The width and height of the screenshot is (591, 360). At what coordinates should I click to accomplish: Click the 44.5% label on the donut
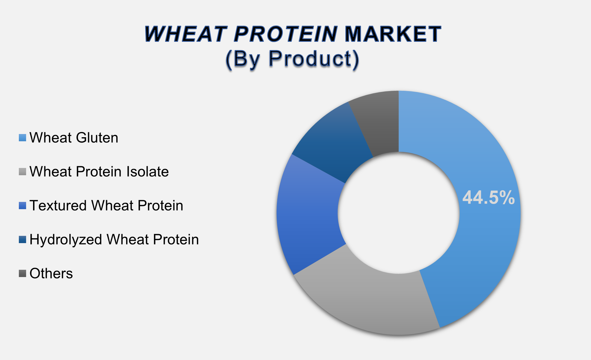488,198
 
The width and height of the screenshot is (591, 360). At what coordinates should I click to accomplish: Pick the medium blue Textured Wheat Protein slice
307,215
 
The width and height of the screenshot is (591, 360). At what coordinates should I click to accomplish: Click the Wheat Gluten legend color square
23,138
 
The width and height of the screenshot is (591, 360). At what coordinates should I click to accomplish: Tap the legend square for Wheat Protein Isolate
23,172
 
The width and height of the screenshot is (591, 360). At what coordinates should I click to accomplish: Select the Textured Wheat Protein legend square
23,206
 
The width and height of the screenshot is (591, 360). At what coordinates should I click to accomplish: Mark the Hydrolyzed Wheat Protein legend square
23,240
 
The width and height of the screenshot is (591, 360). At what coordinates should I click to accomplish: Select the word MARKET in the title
393,34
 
